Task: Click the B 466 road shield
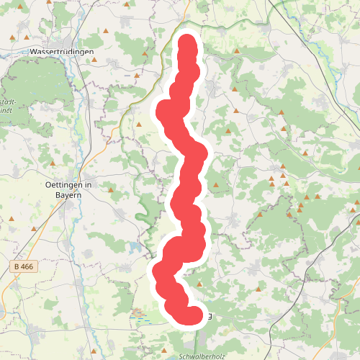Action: tap(24, 267)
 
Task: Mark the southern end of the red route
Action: tap(194, 316)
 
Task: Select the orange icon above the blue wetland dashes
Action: tap(138, 311)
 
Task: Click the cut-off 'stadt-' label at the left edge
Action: tap(7, 102)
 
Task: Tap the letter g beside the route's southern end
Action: tap(209, 316)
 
